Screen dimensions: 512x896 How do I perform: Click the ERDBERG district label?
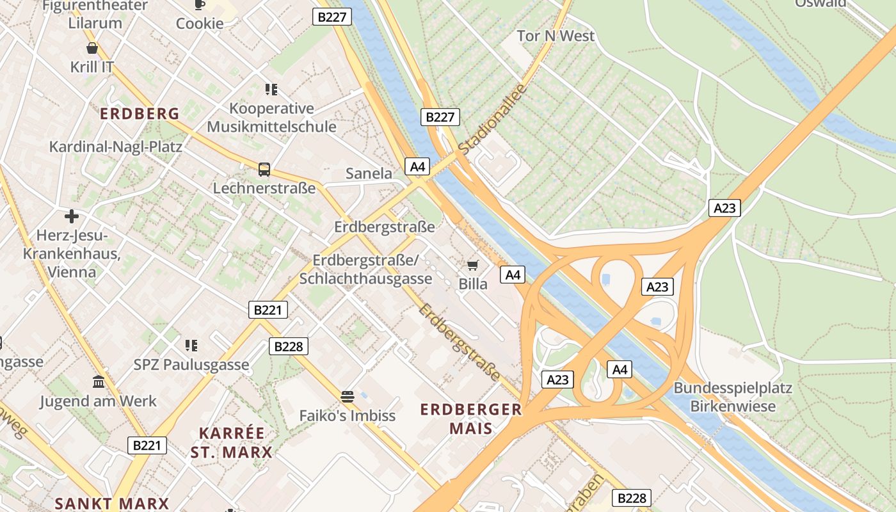[140, 114]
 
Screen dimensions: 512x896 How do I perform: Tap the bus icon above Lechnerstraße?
[264, 170]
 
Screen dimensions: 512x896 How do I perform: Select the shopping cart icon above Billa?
[473, 265]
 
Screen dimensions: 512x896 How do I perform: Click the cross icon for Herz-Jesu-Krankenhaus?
[72, 216]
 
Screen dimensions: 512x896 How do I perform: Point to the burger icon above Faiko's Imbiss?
[348, 397]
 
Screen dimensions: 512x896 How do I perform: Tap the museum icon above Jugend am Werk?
[99, 382]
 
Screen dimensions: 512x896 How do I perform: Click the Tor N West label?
[556, 36]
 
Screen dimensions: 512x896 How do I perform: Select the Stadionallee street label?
[492, 119]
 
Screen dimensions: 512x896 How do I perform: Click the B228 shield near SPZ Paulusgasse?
[288, 346]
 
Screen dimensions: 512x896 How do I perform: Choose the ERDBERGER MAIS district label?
[471, 419]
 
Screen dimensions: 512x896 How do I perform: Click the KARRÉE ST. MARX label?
[231, 443]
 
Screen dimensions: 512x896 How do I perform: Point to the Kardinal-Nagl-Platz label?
[116, 147]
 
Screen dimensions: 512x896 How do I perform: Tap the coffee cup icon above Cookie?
[200, 5]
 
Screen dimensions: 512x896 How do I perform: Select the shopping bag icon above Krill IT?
[92, 48]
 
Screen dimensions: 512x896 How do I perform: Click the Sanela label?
[369, 173]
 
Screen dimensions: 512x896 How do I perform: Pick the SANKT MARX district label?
[111, 503]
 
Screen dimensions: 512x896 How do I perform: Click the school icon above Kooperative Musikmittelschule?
[271, 90]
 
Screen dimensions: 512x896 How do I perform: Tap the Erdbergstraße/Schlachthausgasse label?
[365, 269]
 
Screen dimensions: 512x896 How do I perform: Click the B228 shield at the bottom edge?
[632, 497]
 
